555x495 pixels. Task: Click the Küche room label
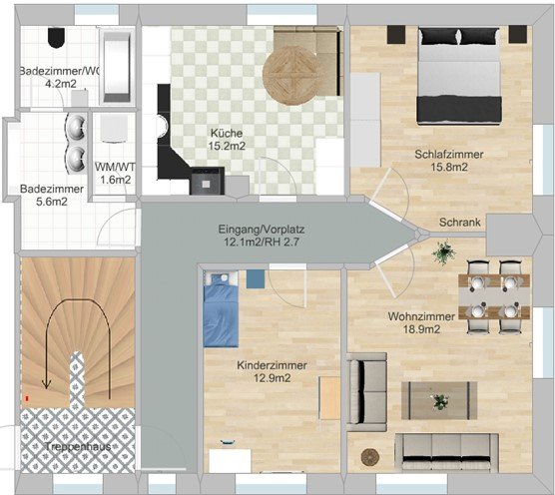click(227, 134)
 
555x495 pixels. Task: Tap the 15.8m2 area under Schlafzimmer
click(449, 167)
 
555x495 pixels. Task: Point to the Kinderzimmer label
click(272, 365)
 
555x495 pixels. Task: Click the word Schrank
click(460, 223)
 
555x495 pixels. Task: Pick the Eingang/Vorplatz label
click(262, 230)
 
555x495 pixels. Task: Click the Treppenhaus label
click(78, 446)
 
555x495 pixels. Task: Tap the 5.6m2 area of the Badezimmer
click(52, 202)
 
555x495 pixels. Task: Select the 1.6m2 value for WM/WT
click(116, 180)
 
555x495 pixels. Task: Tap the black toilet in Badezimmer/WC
click(56, 37)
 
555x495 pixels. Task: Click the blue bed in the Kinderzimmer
click(221, 309)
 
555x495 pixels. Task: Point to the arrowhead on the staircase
click(46, 384)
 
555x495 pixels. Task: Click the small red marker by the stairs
click(27, 398)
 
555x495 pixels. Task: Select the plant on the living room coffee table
click(439, 402)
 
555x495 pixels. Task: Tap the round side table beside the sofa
click(370, 457)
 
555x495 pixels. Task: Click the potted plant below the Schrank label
click(443, 252)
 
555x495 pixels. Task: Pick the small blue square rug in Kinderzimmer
click(256, 278)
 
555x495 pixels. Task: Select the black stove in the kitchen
click(208, 181)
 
